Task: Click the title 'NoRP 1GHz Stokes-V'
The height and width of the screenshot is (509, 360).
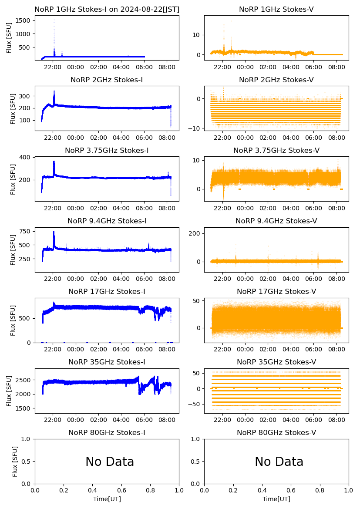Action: point(276,9)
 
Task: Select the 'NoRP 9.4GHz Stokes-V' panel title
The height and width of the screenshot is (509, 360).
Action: point(276,221)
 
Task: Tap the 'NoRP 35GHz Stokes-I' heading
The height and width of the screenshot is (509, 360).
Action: point(107,362)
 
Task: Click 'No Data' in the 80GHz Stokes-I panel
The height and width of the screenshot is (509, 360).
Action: point(110,462)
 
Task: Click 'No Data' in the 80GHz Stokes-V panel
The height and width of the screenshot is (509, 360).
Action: point(279,462)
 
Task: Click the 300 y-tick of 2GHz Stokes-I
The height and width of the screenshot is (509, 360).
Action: point(26,96)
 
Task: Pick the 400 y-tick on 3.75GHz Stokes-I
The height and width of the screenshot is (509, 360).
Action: point(26,157)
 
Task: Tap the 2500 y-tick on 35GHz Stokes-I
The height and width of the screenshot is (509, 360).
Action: point(24,380)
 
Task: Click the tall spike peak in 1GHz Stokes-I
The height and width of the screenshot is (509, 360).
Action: point(54,20)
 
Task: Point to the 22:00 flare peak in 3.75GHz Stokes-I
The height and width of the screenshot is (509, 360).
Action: point(54,162)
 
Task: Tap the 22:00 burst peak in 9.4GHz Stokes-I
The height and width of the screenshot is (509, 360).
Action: point(54,232)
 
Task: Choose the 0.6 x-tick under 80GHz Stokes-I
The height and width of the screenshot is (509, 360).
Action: point(121,491)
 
